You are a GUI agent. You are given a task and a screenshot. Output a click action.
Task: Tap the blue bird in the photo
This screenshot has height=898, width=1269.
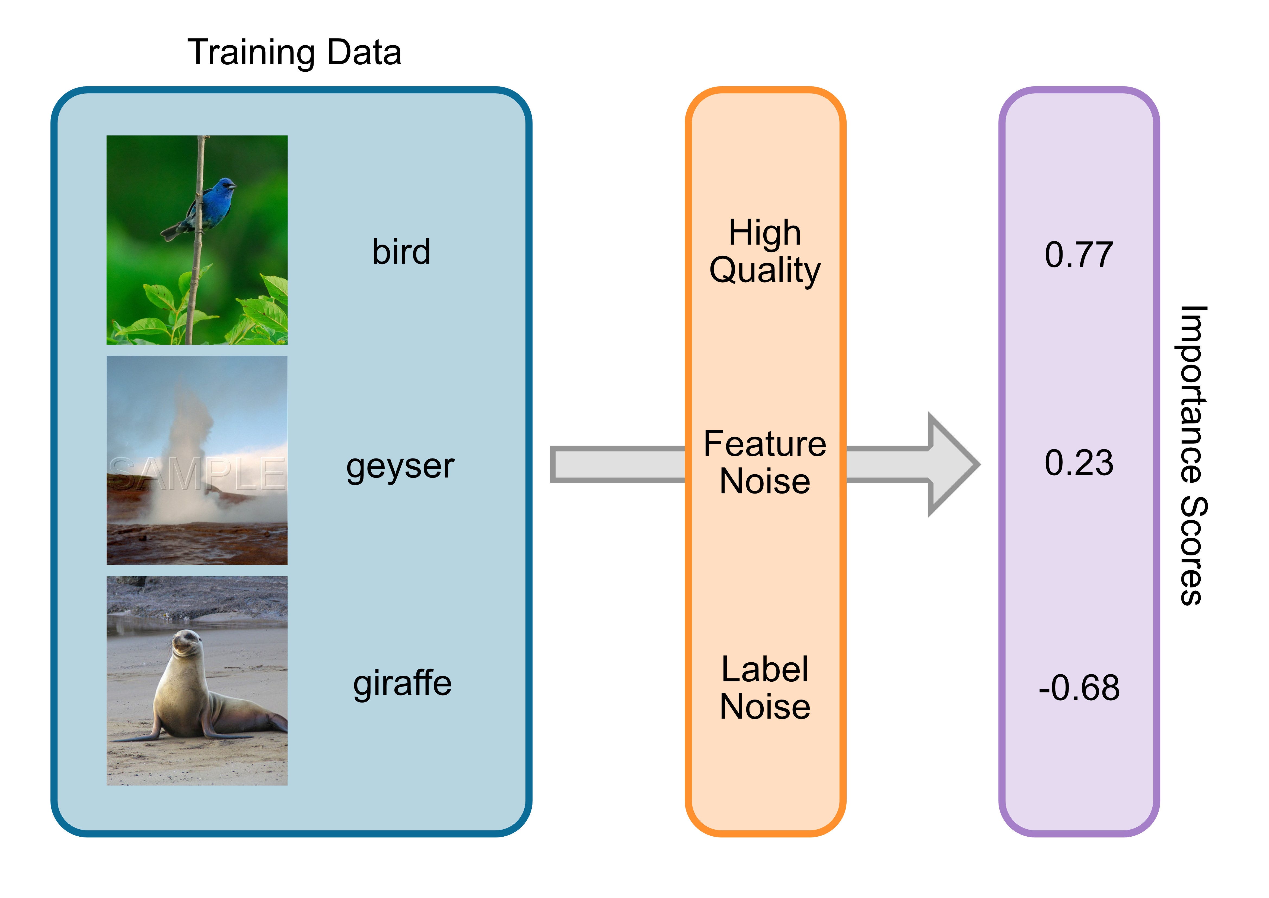pos(213,205)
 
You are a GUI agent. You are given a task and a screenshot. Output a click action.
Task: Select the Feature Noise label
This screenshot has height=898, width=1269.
pos(765,462)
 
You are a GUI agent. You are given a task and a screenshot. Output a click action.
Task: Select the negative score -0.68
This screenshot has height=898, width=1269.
pos(1079,688)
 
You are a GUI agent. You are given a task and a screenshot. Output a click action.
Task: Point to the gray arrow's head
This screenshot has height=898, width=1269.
pos(954,464)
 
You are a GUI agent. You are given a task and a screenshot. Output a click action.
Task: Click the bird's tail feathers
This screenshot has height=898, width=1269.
pos(171,232)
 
